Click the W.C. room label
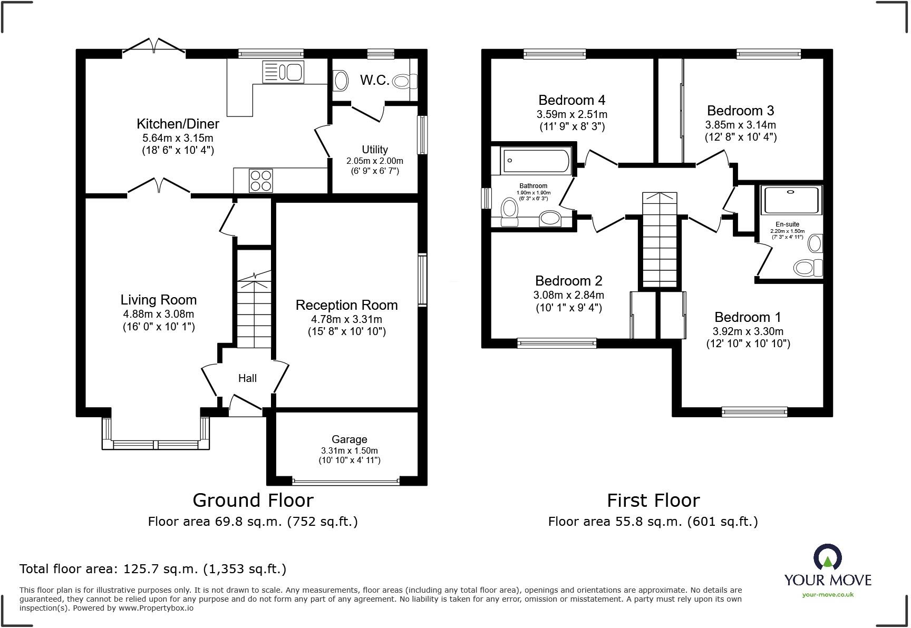tap(375, 80)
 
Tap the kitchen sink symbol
tap(283, 72)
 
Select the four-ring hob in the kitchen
tap(260, 180)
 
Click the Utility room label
tap(375, 150)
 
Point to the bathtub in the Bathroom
tap(536, 160)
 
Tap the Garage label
tap(349, 439)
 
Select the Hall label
tap(247, 378)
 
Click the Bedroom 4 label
tap(571, 100)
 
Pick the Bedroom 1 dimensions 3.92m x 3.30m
tap(748, 331)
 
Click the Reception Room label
tap(346, 305)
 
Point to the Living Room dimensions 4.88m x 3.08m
tap(158, 314)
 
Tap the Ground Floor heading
tap(253, 500)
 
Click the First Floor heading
tap(653, 500)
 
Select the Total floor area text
tap(153, 569)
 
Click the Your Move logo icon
tap(828, 557)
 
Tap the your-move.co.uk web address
tap(828, 595)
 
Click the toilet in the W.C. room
tap(405, 81)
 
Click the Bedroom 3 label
tap(740, 111)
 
